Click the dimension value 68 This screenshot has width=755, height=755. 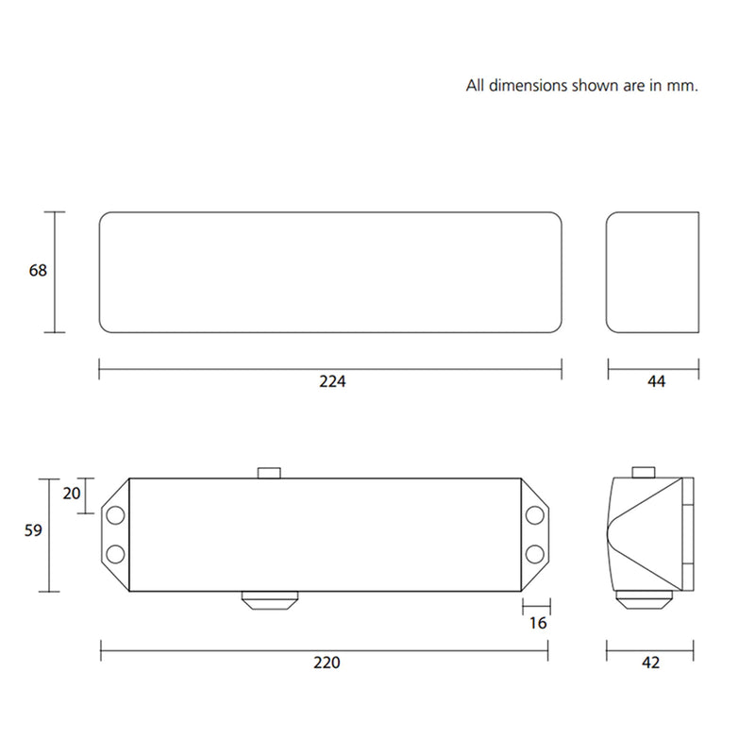[38, 270]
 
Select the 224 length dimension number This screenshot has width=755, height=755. [332, 382]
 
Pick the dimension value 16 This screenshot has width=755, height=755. [538, 623]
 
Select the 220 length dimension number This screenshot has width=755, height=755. [326, 663]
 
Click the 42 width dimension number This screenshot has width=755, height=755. [651, 663]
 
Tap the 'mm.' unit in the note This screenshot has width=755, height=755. [684, 86]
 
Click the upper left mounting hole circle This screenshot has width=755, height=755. [115, 515]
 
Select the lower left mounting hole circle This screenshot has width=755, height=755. [115, 553]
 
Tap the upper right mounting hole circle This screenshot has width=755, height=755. [535, 515]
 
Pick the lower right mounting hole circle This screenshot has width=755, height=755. [535, 553]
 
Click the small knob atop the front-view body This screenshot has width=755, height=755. [270, 472]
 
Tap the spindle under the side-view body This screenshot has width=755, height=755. [646, 600]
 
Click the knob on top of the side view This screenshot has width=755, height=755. [645, 472]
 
